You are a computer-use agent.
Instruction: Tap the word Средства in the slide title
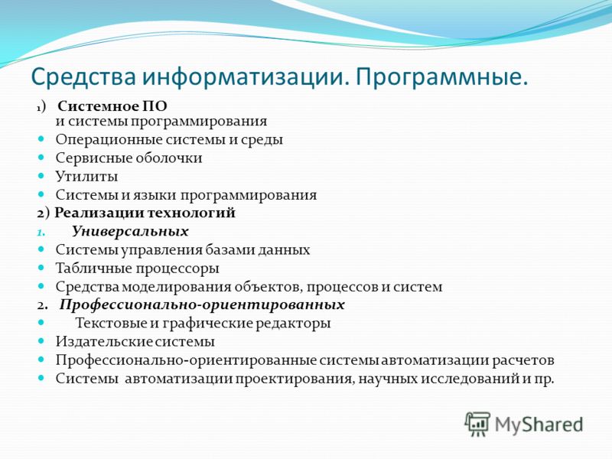point(83,76)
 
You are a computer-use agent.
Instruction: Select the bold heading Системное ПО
point(112,106)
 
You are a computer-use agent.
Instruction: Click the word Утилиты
point(86,177)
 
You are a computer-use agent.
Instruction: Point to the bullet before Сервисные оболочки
point(41,157)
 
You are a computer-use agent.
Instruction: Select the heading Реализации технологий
point(145,213)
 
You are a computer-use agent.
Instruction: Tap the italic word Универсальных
point(130,232)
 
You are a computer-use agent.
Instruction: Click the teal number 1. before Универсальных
point(41,233)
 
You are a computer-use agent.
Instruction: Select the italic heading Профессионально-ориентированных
point(202,304)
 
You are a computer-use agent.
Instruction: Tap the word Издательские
point(103,342)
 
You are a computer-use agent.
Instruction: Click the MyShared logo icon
point(477,424)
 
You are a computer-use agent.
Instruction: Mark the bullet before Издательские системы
point(41,340)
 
